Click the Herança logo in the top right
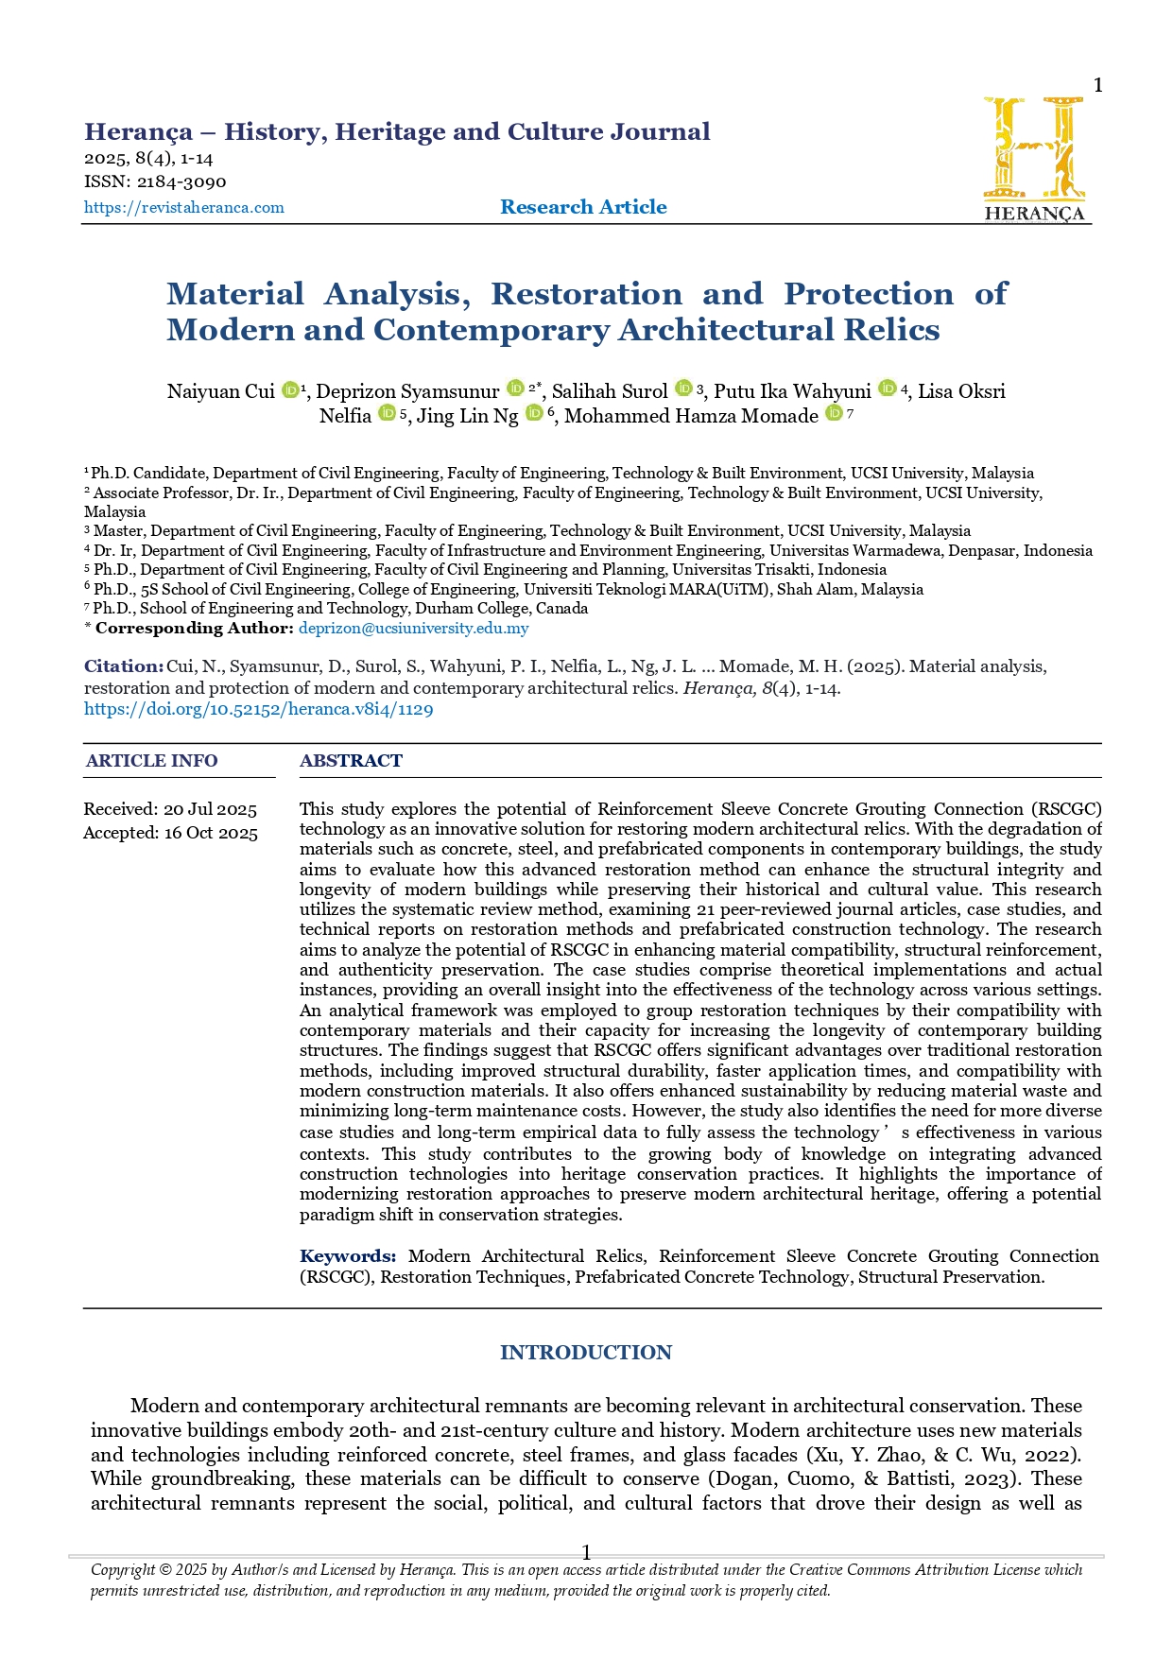click(1035, 158)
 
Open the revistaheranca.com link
click(183, 208)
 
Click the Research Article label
click(583, 207)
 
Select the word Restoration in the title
click(586, 294)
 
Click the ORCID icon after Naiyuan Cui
click(290, 389)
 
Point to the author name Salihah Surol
click(610, 391)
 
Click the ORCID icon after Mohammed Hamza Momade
click(833, 413)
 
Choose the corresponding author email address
click(413, 628)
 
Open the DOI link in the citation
click(258, 709)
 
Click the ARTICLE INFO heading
click(151, 761)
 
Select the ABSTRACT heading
click(351, 761)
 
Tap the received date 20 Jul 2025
click(210, 809)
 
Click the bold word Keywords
click(347, 1256)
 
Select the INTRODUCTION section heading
click(585, 1353)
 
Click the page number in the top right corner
click(1097, 86)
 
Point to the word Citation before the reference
click(123, 666)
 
